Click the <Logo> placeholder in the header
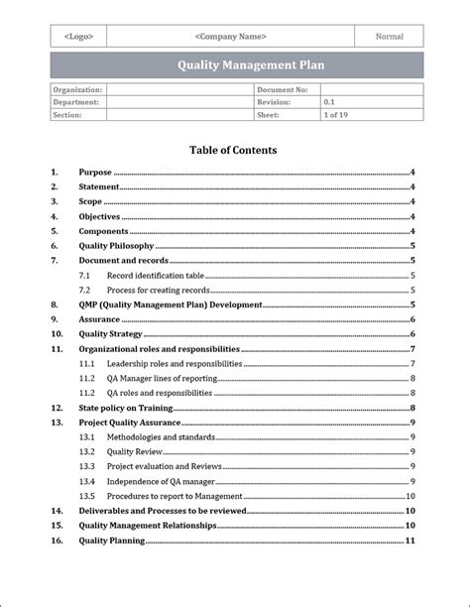click(78, 37)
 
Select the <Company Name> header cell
click(231, 37)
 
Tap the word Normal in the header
click(390, 37)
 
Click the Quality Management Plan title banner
click(236, 65)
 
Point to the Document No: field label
click(283, 89)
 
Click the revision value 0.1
click(329, 102)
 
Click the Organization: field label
click(77, 89)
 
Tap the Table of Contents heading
click(233, 151)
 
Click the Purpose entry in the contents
click(95, 173)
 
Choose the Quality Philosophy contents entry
click(116, 246)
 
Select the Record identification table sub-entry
click(156, 276)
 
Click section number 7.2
click(85, 291)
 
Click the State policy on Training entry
click(126, 408)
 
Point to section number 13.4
click(87, 481)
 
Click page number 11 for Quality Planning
click(410, 541)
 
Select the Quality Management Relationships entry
click(148, 526)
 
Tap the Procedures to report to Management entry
click(175, 496)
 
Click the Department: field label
click(76, 102)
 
